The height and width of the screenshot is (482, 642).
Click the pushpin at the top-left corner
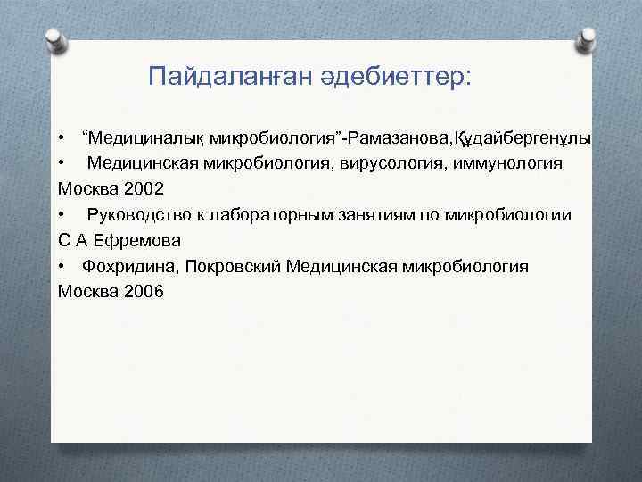pyautogui.click(x=53, y=38)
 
